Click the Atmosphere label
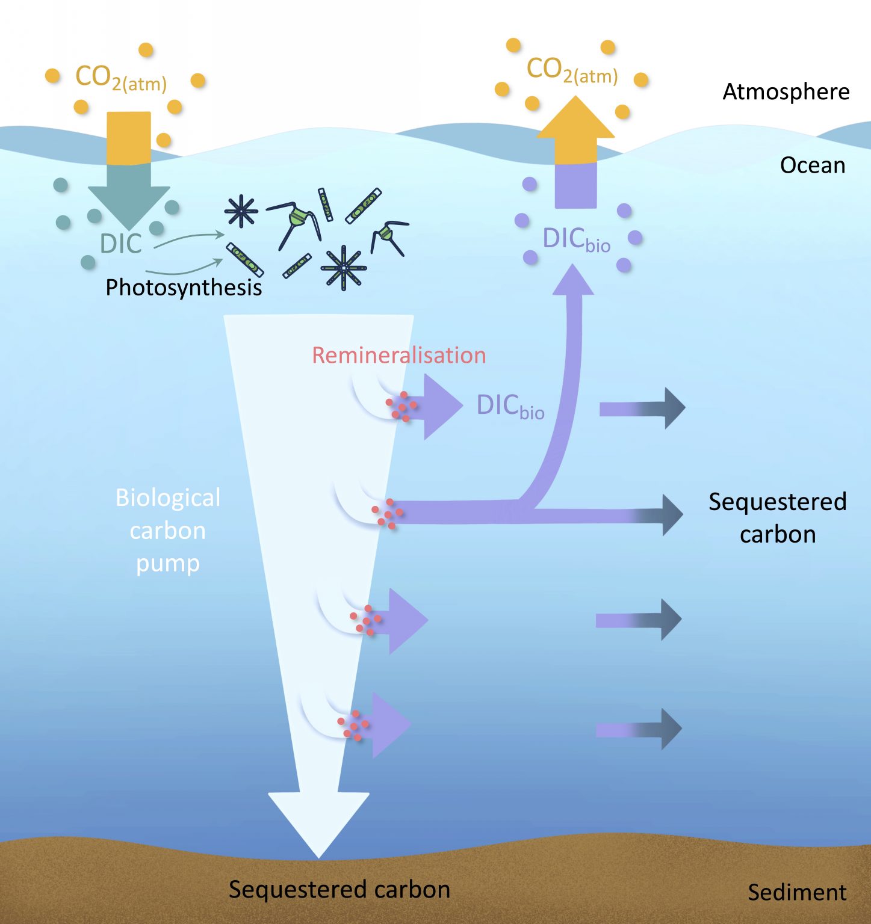pos(786,92)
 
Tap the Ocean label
pos(812,165)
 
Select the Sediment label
pos(796,892)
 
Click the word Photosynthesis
pos(184,288)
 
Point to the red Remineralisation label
pos(398,356)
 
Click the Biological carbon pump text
pos(168,531)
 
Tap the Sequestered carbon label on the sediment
pos(339,890)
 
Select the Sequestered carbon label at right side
pos(777,518)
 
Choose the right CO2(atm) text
pos(572,70)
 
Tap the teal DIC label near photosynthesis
pos(120,244)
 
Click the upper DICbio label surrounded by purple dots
pos(576,239)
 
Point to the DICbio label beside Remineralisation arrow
pos(510,406)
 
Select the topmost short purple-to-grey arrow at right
pos(642,408)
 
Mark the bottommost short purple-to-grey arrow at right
pos(639,729)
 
